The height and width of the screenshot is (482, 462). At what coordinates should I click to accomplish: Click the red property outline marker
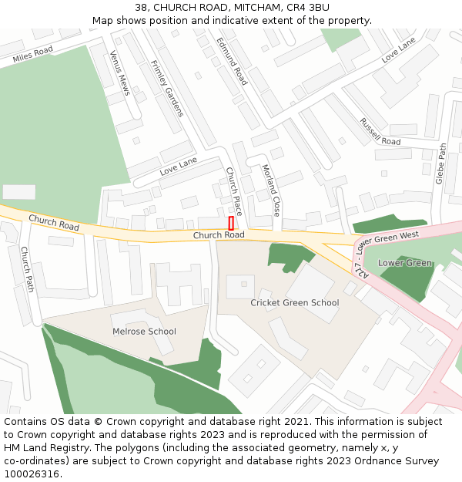coord(231,223)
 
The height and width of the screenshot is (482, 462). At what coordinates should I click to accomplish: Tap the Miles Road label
coord(32,54)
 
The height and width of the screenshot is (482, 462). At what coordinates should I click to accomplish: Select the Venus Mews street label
coord(119,73)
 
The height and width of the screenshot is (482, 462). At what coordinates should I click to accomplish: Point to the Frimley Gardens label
coord(167,89)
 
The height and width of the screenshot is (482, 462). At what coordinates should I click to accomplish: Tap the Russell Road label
coord(380,132)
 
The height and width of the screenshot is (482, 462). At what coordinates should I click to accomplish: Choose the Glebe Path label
coord(441,163)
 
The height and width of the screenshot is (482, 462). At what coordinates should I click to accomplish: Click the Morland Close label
coord(271,190)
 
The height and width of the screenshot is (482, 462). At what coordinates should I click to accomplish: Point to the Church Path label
coord(27,269)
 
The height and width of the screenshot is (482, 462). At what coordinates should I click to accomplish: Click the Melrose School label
coord(144,332)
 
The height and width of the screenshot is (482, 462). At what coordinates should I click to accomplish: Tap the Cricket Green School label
coord(294,302)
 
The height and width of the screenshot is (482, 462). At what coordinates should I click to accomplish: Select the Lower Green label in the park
coord(405,263)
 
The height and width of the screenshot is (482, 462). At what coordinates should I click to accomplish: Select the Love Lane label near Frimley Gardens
coord(179,165)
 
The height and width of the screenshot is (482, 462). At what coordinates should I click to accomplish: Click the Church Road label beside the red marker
coord(219,234)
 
